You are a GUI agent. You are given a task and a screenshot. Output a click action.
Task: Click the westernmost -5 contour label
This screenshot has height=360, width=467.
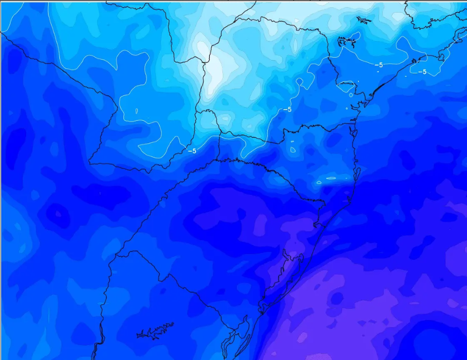(192, 150)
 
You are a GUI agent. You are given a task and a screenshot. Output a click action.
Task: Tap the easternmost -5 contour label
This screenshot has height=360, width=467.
(422, 72)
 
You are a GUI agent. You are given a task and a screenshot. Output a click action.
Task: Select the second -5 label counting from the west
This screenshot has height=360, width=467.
(287, 109)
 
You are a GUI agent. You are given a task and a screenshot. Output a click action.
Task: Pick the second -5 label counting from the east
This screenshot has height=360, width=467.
(378, 65)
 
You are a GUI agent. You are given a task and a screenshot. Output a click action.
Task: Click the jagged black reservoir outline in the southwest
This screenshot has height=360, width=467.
(155, 331)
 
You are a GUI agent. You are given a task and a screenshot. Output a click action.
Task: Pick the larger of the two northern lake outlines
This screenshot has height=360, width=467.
(347, 40)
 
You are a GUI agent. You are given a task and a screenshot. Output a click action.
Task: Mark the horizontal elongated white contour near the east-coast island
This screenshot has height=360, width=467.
(331, 178)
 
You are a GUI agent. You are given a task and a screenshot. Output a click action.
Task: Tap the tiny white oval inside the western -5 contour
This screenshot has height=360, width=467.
(135, 111)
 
